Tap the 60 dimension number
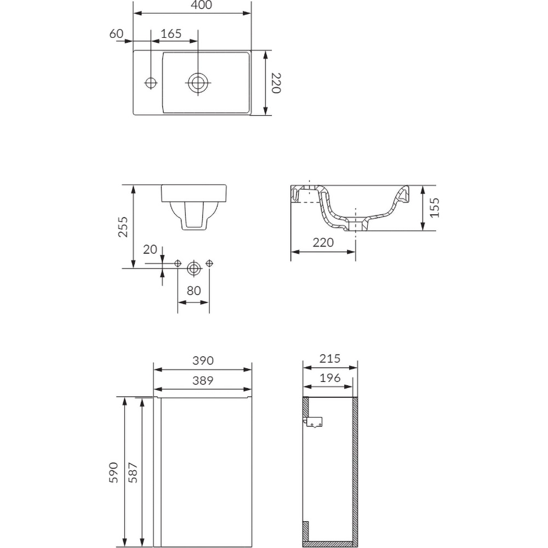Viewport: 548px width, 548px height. point(116,34)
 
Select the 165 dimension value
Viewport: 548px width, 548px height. point(171,34)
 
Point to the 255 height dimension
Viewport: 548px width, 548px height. point(123,226)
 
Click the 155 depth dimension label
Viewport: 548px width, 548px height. point(435,208)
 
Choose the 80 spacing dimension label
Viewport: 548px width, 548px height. point(193,291)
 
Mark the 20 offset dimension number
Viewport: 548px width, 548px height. point(150,250)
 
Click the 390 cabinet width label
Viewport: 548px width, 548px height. point(202,361)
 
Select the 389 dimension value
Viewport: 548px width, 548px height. point(202,380)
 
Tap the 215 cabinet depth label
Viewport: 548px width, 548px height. point(330,359)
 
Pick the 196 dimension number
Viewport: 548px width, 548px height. point(330,378)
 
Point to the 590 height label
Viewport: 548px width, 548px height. point(113,472)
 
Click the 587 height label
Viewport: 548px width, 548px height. point(132,472)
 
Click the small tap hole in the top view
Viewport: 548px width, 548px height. point(151,83)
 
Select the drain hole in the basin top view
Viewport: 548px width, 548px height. point(198,83)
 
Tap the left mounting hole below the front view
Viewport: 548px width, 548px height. point(178,264)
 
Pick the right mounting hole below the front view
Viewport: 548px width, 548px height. point(209,264)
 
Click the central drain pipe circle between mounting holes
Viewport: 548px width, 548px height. point(193,268)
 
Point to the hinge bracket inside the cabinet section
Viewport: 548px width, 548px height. point(314,423)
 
